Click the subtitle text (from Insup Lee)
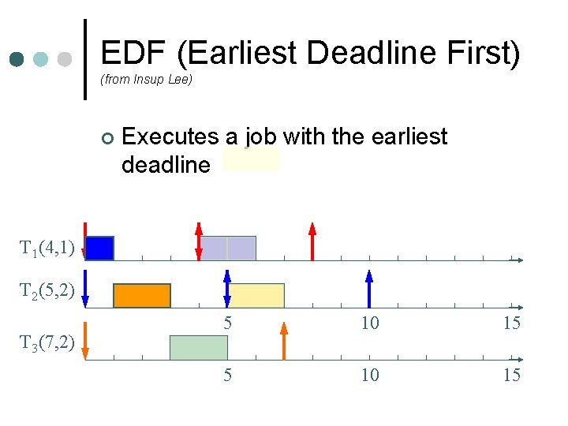click(x=146, y=80)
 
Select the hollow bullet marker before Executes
click(x=108, y=139)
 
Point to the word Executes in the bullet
click(x=170, y=137)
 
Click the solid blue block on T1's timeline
click(x=99, y=248)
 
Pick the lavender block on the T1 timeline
click(x=228, y=248)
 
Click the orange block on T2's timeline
click(x=142, y=295)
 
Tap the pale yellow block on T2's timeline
click(x=256, y=295)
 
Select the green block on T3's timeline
click(x=199, y=347)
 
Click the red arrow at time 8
click(x=312, y=241)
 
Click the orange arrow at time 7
click(x=284, y=340)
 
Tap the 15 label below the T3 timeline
click(x=512, y=376)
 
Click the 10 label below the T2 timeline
click(x=369, y=323)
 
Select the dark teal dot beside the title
click(x=18, y=59)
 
